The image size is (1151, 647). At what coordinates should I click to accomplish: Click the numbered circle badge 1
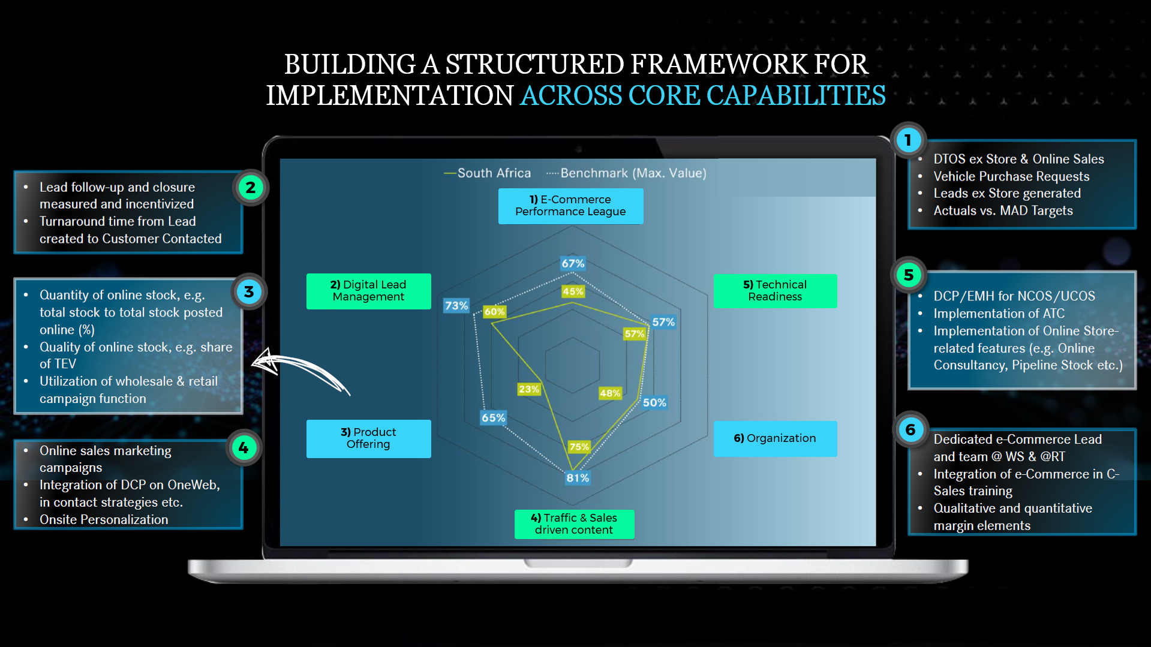(908, 140)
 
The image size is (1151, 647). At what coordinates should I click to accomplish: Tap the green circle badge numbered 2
(250, 188)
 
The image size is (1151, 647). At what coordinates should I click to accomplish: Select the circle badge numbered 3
(249, 292)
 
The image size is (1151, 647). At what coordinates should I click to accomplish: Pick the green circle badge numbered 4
(244, 448)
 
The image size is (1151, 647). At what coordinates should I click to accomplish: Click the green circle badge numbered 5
(909, 275)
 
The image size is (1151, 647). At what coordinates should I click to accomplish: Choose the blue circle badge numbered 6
(910, 430)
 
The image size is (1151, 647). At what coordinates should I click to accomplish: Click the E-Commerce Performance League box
(570, 206)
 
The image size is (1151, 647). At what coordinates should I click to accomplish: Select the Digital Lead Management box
(368, 291)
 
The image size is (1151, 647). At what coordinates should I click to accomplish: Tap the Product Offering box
(368, 438)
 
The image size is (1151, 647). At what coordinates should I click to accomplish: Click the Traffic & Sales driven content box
(574, 523)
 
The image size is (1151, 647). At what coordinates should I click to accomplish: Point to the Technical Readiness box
(775, 291)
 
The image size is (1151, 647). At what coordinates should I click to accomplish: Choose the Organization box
(775, 438)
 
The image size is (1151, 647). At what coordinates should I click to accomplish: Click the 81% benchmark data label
(578, 478)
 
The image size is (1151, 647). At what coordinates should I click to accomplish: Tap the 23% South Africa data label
(528, 389)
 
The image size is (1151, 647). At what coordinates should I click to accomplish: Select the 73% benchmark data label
(456, 306)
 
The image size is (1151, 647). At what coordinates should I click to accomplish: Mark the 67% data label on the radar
(573, 263)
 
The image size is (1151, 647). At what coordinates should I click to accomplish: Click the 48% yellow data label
(609, 393)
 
